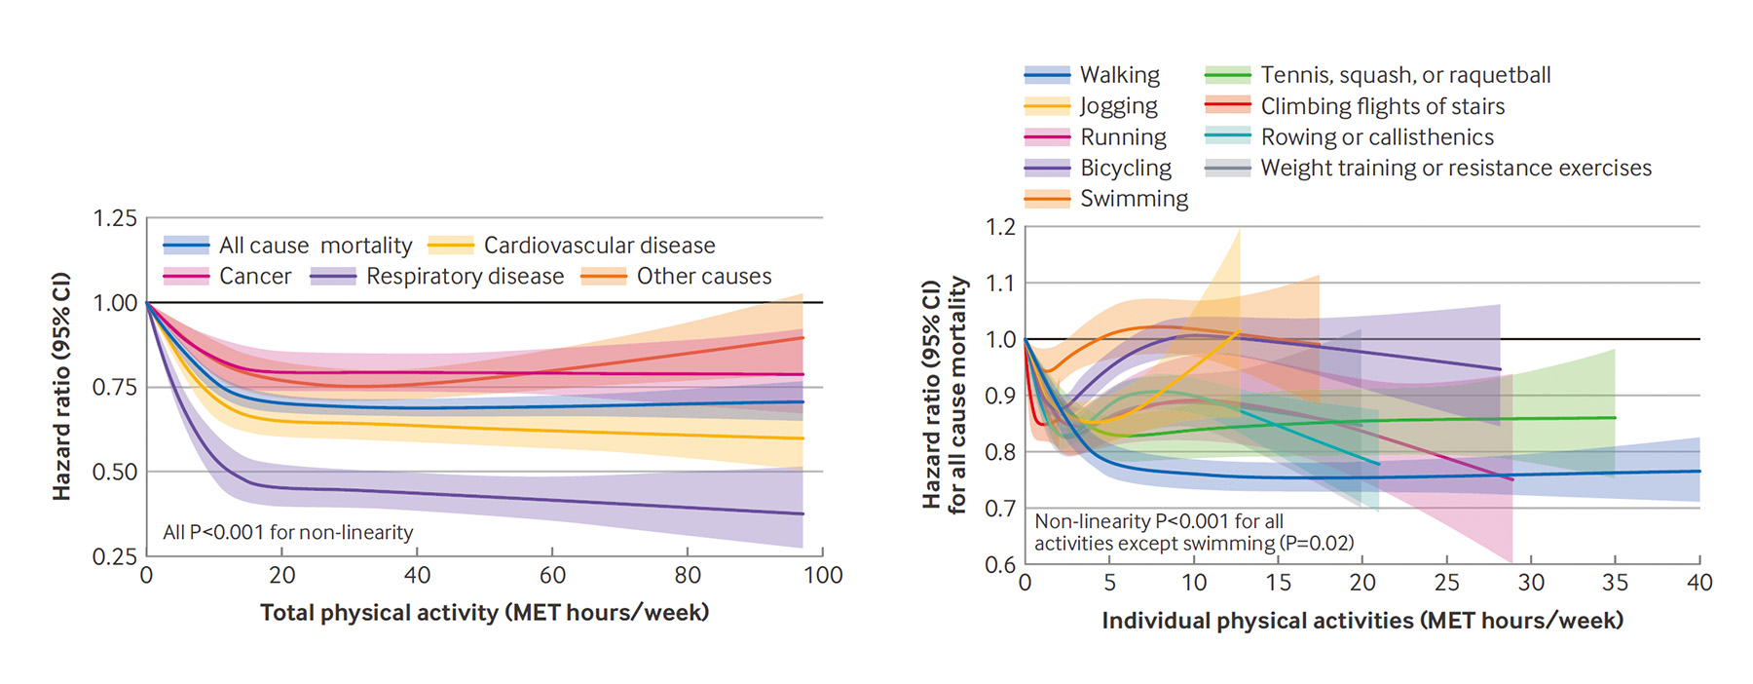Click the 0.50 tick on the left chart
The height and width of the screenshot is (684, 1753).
pyautogui.click(x=115, y=473)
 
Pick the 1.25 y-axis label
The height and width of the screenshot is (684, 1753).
pyautogui.click(x=115, y=218)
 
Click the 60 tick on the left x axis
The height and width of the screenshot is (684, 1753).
pyautogui.click(x=552, y=576)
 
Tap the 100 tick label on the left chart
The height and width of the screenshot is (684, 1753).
pyautogui.click(x=823, y=576)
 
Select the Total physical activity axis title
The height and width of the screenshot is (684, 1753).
pyautogui.click(x=484, y=613)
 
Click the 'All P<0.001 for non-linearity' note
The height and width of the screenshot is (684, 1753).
pyautogui.click(x=288, y=533)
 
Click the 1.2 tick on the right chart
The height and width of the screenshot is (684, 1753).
pyautogui.click(x=1000, y=228)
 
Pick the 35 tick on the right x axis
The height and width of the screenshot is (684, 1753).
pyautogui.click(x=1615, y=583)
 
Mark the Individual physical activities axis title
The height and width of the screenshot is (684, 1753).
pyautogui.click(x=1362, y=621)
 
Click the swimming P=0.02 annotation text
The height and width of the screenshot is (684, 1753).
pyautogui.click(x=1194, y=544)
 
